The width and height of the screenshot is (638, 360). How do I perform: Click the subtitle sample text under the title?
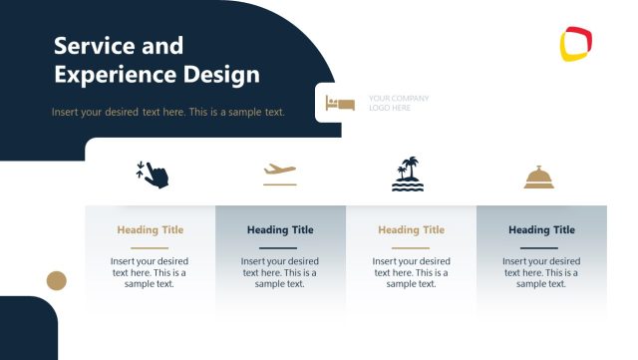coord(168,112)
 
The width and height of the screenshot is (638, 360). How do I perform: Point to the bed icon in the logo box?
coord(340,103)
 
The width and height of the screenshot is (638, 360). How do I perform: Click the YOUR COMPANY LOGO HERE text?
coord(399,103)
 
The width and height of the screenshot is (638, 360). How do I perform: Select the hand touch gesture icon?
coord(153,173)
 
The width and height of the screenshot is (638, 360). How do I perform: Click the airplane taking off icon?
coord(280,170)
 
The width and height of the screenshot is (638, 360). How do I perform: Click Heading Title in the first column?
coord(151,230)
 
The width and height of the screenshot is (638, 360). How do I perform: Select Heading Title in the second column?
coord(280,230)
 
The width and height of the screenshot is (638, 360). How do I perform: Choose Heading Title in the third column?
coord(411,230)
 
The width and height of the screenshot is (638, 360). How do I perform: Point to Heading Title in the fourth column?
coord(541,230)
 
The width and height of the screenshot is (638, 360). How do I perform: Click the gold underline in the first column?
coord(151,247)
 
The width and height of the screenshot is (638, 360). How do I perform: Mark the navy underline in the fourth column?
coord(541,247)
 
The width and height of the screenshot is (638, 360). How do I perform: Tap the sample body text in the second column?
coord(280,272)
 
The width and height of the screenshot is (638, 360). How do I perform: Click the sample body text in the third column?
coord(411,272)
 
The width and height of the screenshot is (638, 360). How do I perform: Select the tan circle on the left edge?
coord(57,280)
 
